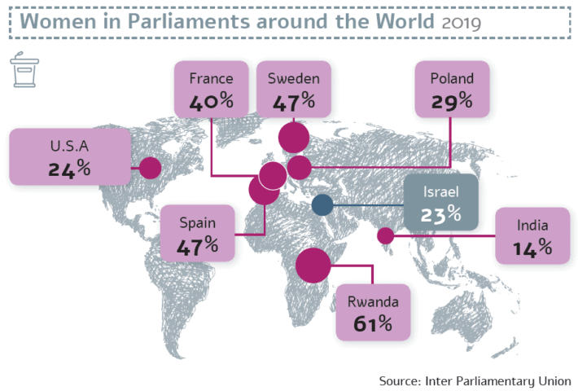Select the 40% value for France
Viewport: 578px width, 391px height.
pyautogui.click(x=211, y=103)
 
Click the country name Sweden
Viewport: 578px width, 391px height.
pyautogui.click(x=293, y=79)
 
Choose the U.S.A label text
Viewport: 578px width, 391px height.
pyautogui.click(x=69, y=147)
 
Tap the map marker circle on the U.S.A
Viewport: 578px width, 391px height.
pyautogui.click(x=150, y=169)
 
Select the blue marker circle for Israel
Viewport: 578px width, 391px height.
pyautogui.click(x=322, y=205)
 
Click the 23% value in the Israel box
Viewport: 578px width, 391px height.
pyautogui.click(x=441, y=216)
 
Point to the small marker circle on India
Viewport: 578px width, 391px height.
pyautogui.click(x=386, y=236)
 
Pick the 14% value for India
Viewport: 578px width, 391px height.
pyautogui.click(x=532, y=248)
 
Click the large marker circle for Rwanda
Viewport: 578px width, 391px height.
pyautogui.click(x=313, y=265)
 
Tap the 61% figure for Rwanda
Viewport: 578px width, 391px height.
pyautogui.click(x=373, y=324)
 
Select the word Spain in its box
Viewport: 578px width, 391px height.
pyautogui.click(x=198, y=222)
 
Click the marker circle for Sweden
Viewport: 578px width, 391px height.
pyautogui.click(x=293, y=138)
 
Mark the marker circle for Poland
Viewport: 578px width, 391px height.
pyautogui.click(x=300, y=168)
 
